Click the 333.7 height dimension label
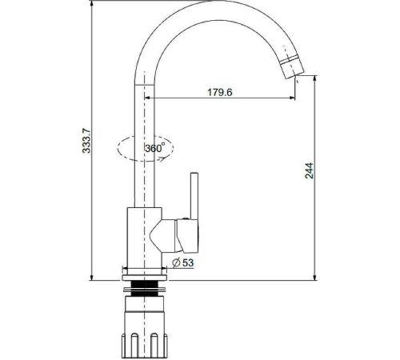(86, 141)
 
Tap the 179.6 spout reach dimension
(220, 92)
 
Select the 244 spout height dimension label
(310, 170)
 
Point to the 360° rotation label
(155, 147)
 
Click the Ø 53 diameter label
(183, 262)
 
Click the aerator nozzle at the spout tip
(293, 68)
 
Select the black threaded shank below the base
(144, 289)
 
